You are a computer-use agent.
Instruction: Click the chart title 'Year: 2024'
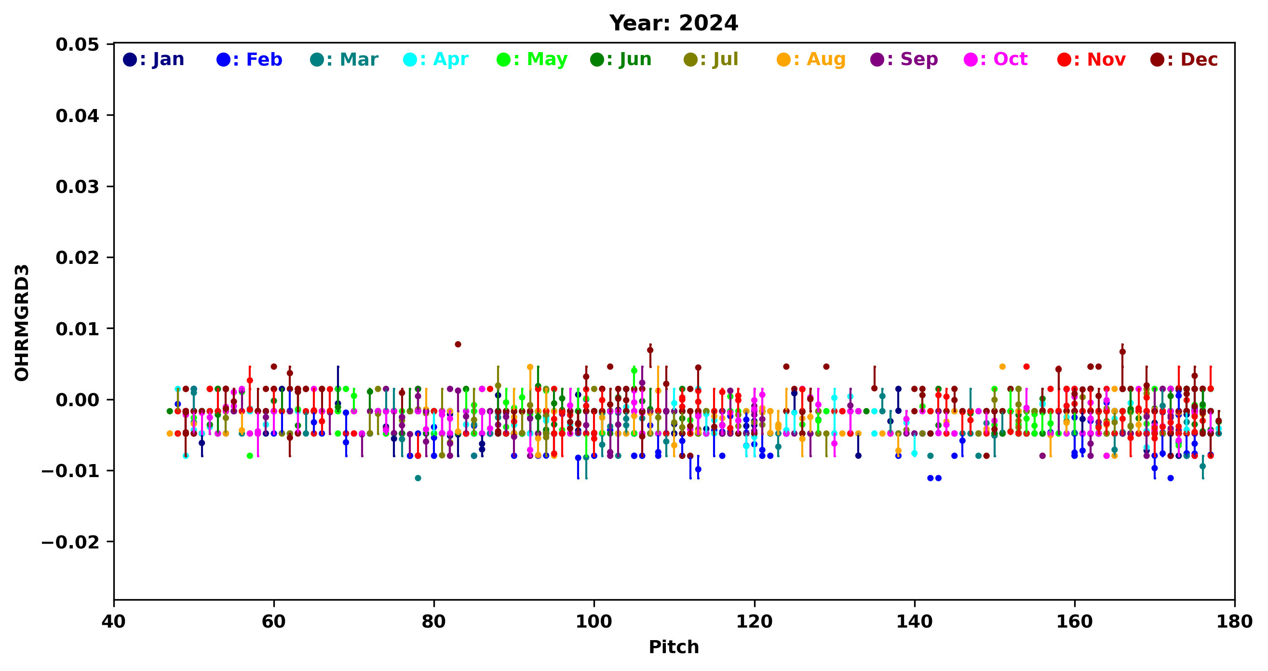click(674, 23)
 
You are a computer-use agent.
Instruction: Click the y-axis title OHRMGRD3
click(22, 323)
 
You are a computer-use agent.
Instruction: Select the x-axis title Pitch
click(674, 647)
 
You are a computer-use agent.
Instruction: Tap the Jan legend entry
click(154, 60)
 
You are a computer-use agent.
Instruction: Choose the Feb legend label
click(250, 60)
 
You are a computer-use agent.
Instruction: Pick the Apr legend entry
click(436, 60)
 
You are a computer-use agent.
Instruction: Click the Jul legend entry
click(711, 60)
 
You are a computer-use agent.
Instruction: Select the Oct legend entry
click(996, 60)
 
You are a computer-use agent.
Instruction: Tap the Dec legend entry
click(1184, 60)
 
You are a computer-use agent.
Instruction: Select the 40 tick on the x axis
click(114, 622)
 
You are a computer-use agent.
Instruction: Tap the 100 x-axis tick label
click(594, 622)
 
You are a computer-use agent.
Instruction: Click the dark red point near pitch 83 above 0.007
click(458, 344)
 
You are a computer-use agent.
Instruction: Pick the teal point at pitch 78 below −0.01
click(418, 478)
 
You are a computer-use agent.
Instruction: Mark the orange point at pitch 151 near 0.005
click(1002, 367)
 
